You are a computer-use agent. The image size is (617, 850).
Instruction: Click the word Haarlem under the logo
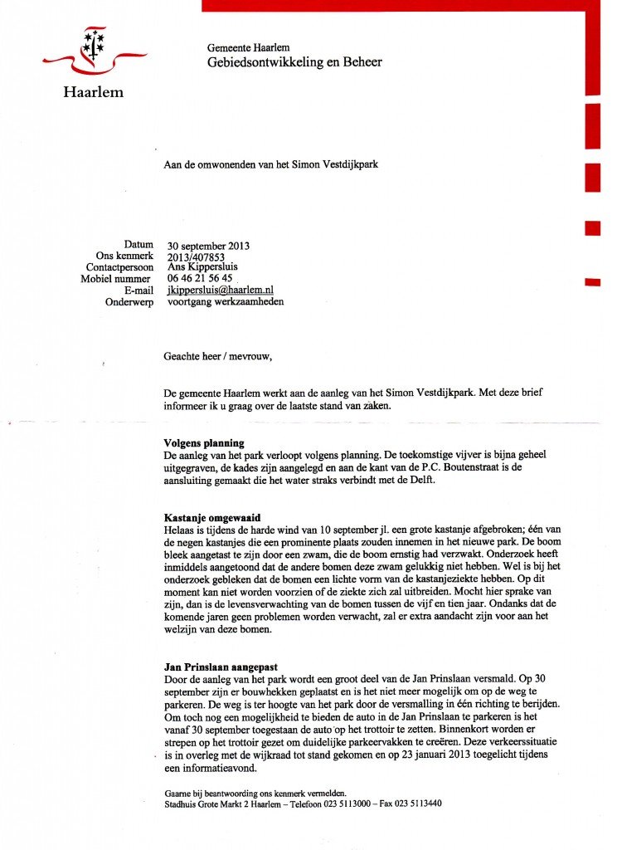click(x=93, y=92)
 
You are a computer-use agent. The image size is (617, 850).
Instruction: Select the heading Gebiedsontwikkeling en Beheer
click(x=294, y=62)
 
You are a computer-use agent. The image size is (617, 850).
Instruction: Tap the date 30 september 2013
click(x=208, y=246)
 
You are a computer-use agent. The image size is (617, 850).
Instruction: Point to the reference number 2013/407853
click(x=202, y=257)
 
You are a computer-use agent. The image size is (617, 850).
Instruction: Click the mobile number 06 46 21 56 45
click(x=200, y=279)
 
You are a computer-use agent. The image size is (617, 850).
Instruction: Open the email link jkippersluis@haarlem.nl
click(x=221, y=291)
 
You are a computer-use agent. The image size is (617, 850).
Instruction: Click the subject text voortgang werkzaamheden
click(x=226, y=302)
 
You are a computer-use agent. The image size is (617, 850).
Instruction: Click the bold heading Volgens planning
click(x=204, y=443)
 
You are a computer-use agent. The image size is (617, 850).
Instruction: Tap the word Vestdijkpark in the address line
click(x=347, y=164)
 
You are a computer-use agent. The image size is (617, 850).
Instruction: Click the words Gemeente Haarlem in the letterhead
click(x=248, y=48)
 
